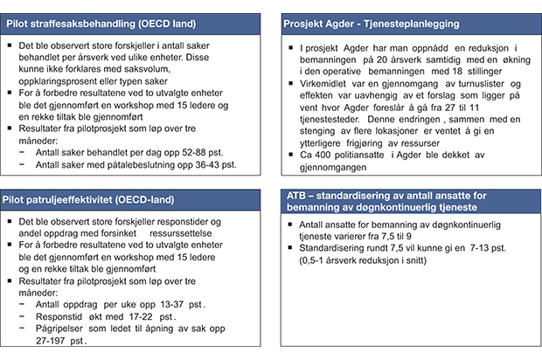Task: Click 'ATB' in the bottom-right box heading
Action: (300, 197)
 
